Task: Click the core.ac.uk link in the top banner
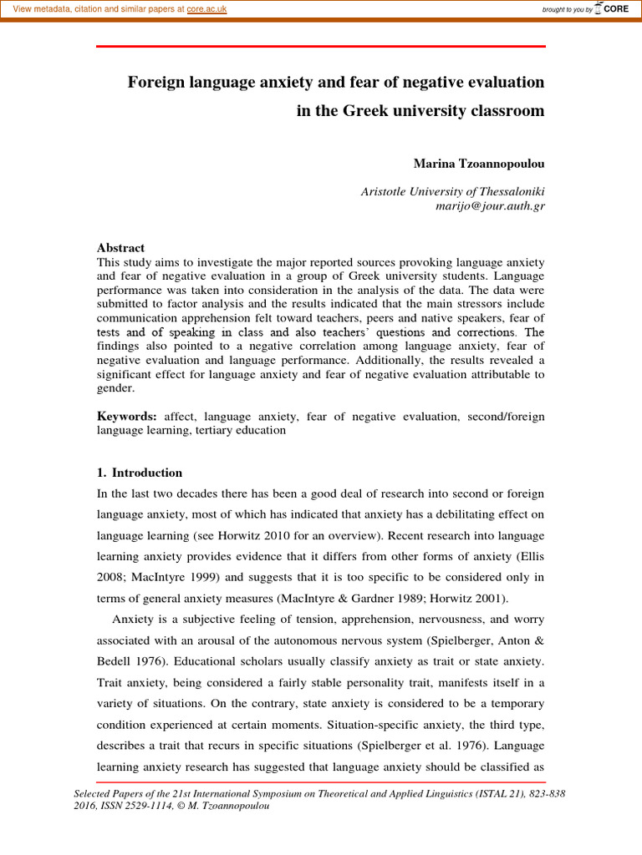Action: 206,8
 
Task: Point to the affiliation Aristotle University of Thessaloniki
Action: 452,190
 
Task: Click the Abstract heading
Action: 120,248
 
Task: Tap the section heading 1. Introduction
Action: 140,473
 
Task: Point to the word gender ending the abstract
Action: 115,388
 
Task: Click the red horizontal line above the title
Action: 321,47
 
